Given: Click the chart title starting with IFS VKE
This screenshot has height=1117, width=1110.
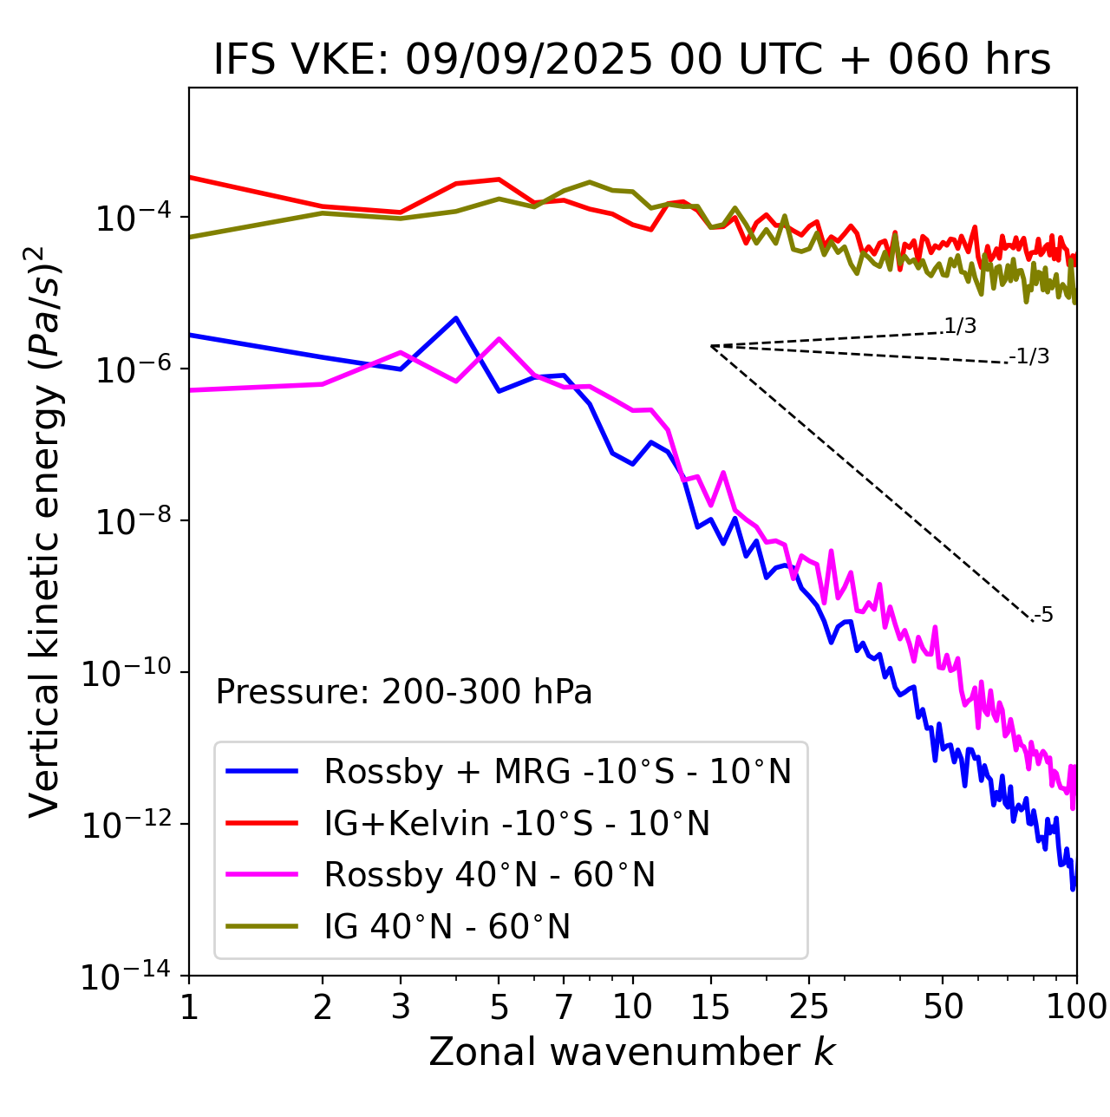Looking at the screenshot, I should click(x=631, y=60).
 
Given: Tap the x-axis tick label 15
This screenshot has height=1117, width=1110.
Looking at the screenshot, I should click(x=710, y=1007).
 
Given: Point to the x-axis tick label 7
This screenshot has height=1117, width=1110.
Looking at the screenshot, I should click(x=564, y=1007).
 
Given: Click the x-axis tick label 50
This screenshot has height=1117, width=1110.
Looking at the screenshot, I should click(x=943, y=1007).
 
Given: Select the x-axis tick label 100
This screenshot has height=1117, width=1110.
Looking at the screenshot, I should click(x=1076, y=1007).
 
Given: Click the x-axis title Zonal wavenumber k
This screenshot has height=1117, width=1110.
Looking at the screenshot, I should click(x=631, y=1052).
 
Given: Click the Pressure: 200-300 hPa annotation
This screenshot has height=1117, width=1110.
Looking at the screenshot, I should click(x=403, y=692).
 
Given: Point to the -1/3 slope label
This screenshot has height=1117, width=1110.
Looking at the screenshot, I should click(x=1030, y=356).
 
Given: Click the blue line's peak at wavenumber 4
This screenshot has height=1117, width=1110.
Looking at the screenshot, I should click(x=456, y=317).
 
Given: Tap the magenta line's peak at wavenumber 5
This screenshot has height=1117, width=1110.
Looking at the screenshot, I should click(x=499, y=338).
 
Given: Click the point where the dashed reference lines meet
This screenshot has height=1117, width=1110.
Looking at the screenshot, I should click(x=711, y=346).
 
